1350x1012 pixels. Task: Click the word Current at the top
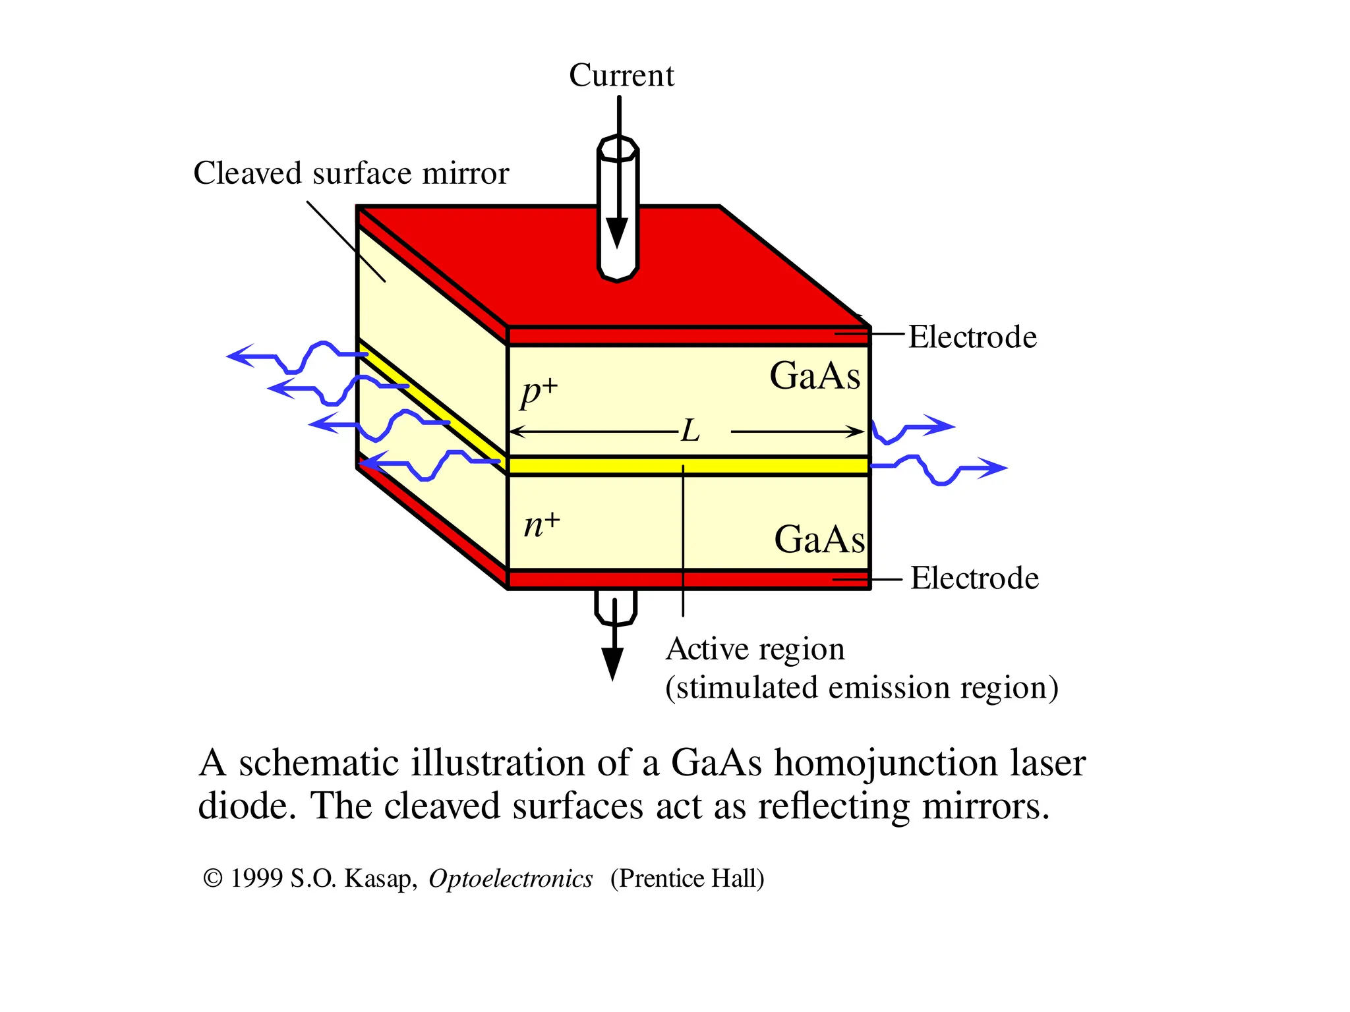[621, 75]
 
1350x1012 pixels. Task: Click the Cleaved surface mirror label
[351, 174]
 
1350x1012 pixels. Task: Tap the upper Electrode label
[972, 337]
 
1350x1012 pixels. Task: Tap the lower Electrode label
[974, 578]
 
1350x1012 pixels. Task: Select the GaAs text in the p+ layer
[815, 376]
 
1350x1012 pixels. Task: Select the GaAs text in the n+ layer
[819, 540]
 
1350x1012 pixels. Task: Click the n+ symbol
[541, 525]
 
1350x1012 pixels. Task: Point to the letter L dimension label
[690, 432]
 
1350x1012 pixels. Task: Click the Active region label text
[755, 650]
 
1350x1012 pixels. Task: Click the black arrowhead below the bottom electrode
[612, 663]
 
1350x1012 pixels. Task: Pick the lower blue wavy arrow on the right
[939, 470]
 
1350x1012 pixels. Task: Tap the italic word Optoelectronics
[510, 879]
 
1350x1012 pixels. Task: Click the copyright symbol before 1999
[212, 878]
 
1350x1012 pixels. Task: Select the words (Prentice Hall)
[687, 879]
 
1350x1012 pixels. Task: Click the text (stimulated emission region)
[862, 688]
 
